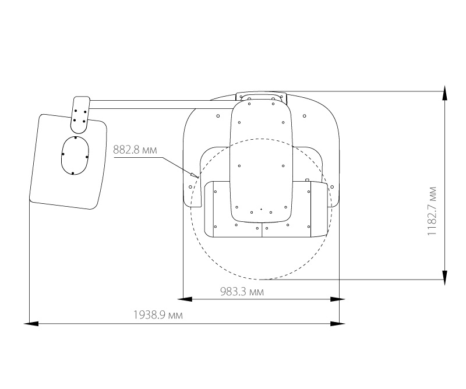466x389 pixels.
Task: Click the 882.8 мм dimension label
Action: [x=135, y=150]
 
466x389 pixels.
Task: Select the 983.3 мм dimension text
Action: [x=242, y=292]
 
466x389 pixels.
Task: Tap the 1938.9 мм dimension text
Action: [x=158, y=314]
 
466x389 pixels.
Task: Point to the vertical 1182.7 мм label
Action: [x=432, y=211]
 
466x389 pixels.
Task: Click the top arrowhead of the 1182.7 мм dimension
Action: [x=444, y=93]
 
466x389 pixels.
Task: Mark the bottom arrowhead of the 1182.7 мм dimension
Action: [x=444, y=278]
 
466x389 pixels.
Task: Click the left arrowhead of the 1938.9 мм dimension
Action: [x=31, y=323]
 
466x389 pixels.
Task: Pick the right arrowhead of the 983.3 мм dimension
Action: [x=338, y=299]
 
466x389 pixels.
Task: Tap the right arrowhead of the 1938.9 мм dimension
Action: [x=338, y=323]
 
